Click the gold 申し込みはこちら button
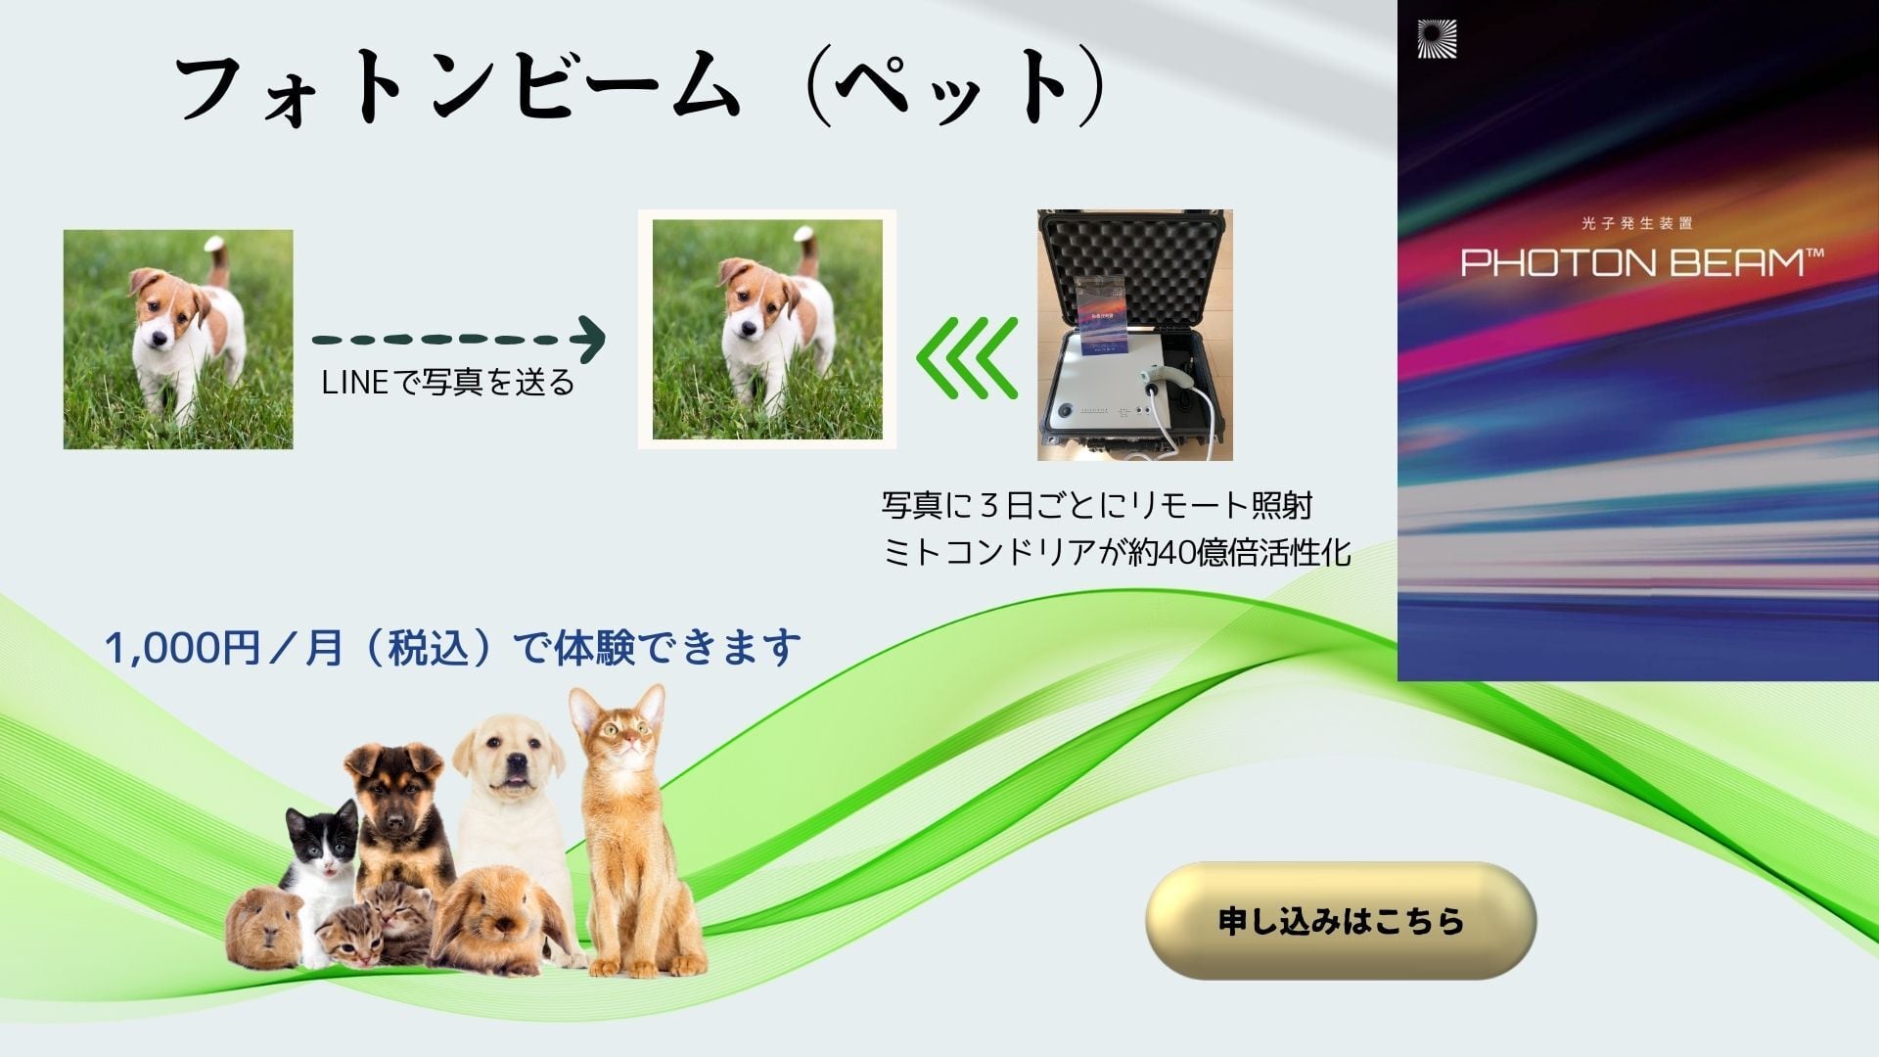click(1341, 920)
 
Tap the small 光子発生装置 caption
click(1636, 223)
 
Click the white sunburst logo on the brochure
click(1437, 39)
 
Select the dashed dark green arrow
click(459, 340)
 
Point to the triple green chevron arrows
click(967, 357)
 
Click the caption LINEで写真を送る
click(447, 382)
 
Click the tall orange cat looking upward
click(631, 832)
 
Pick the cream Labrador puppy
click(511, 803)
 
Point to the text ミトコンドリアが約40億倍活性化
click(1117, 553)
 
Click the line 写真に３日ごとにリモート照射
click(1097, 506)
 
